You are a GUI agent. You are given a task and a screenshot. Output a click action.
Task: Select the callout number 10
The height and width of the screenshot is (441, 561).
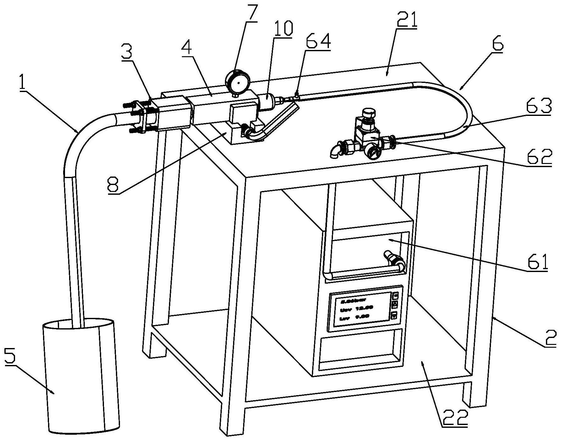(282, 29)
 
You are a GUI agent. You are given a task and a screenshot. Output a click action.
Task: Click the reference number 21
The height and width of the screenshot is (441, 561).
(406, 20)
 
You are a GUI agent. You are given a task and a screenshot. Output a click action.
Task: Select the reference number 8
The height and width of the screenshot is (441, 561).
(113, 186)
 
